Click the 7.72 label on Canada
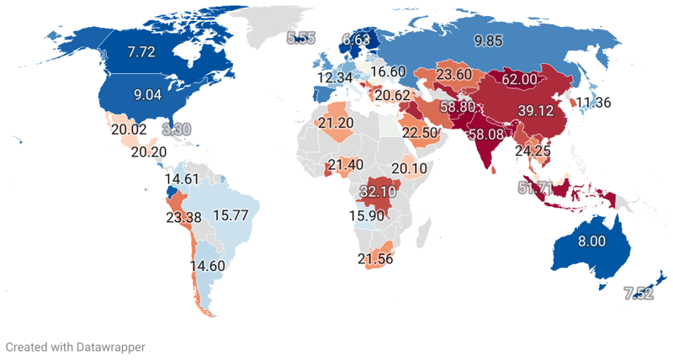(142, 53)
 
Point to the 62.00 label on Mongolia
(519, 80)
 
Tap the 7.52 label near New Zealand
(638, 294)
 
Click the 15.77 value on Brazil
(231, 214)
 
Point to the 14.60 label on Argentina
(208, 267)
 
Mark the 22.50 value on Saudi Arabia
(419, 132)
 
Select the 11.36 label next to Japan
(593, 103)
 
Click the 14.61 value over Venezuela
(183, 179)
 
